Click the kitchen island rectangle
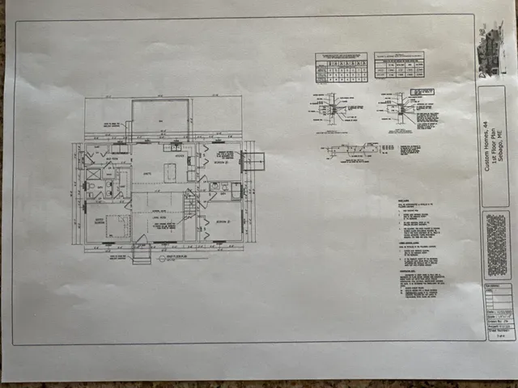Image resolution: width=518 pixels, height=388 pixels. (170, 172)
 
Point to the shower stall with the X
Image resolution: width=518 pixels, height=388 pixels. (94, 173)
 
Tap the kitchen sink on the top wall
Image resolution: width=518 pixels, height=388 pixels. (172, 148)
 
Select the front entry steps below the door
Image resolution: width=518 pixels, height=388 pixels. (141, 255)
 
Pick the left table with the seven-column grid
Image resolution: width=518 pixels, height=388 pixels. (340, 68)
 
